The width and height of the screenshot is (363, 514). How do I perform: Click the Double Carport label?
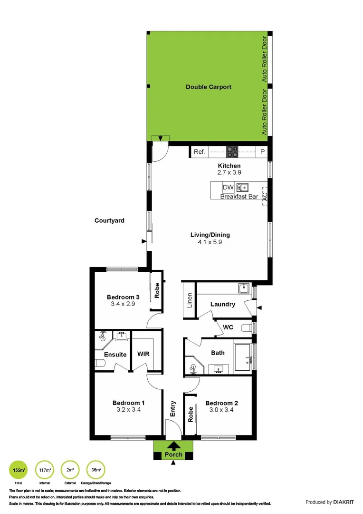click(x=209, y=87)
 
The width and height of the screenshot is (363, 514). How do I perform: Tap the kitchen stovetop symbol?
click(x=232, y=152)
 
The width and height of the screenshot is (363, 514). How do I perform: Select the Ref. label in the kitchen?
click(x=199, y=152)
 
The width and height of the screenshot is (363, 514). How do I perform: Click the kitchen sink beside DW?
click(x=242, y=188)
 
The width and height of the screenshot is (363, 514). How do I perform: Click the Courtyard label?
click(x=109, y=220)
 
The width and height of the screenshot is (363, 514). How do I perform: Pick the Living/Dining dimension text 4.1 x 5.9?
click(x=210, y=242)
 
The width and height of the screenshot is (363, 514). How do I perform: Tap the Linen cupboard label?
click(x=190, y=300)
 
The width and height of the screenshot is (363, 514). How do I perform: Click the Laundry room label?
click(x=222, y=304)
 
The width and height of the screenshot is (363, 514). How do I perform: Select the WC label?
click(x=229, y=328)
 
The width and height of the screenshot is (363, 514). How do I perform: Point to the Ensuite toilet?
click(x=99, y=365)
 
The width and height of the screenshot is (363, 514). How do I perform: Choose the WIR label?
click(x=143, y=355)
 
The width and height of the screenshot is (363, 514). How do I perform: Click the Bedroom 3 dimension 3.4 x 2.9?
click(x=123, y=305)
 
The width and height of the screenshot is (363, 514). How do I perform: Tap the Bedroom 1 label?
click(x=129, y=403)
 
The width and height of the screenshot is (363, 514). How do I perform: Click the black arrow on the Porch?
click(x=173, y=446)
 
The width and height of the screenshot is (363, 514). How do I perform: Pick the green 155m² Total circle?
click(x=18, y=470)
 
